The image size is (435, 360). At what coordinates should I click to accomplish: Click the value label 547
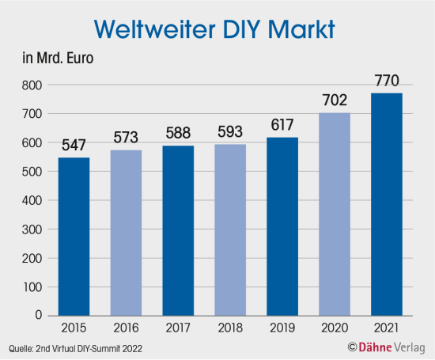pyautogui.click(x=73, y=146)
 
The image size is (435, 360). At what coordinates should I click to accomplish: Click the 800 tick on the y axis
pyautogui.click(x=32, y=85)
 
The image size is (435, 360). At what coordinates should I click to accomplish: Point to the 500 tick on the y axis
pyautogui.click(x=32, y=172)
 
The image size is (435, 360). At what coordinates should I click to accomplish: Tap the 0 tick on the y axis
pyautogui.click(x=38, y=315)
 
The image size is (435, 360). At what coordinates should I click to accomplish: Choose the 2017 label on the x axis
pyautogui.click(x=178, y=328)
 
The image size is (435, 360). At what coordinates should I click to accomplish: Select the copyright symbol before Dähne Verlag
pyautogui.click(x=351, y=347)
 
